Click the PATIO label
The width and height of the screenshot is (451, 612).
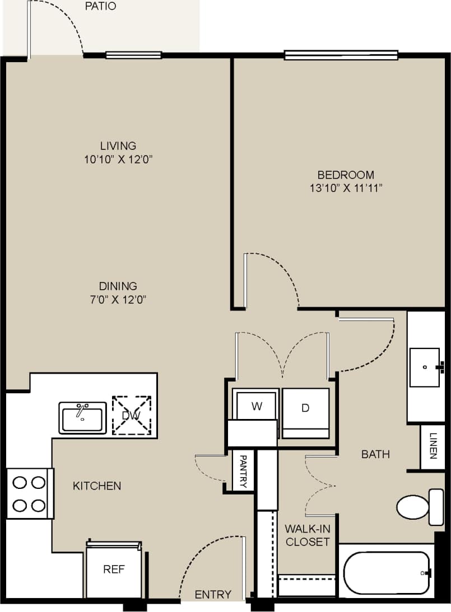pyautogui.click(x=101, y=7)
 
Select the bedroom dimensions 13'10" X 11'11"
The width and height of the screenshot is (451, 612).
pyautogui.click(x=345, y=189)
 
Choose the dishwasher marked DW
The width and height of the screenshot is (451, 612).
pyautogui.click(x=132, y=415)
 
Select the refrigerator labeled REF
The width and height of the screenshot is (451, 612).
pyautogui.click(x=114, y=571)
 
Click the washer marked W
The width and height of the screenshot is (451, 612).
pyautogui.click(x=257, y=406)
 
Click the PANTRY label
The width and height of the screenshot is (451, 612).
pyautogui.click(x=243, y=471)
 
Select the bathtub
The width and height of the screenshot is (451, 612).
pyautogui.click(x=386, y=573)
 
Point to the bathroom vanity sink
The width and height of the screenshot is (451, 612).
pyautogui.click(x=425, y=368)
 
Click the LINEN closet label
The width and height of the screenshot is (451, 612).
pyautogui.click(x=433, y=446)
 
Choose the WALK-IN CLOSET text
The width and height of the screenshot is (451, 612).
pyautogui.click(x=307, y=535)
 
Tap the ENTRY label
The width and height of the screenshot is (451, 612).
pyautogui.click(x=213, y=595)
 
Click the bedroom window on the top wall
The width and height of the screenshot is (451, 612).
pyautogui.click(x=341, y=55)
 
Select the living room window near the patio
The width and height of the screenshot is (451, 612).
pyautogui.click(x=133, y=55)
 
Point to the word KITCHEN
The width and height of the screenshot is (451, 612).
pyautogui.click(x=97, y=486)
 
